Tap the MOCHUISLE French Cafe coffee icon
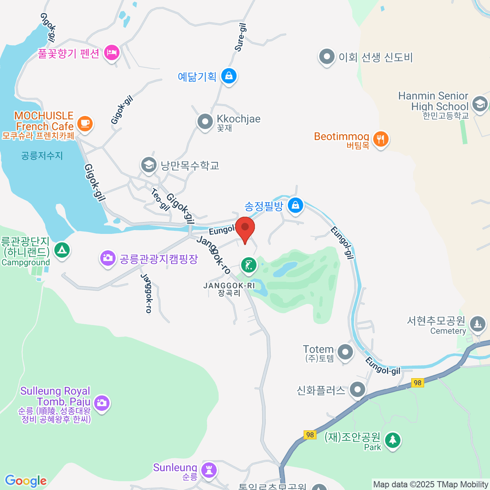click(x=85, y=123)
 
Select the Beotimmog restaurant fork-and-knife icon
click(x=381, y=139)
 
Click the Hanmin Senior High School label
click(x=433, y=101)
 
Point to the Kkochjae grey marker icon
click(x=205, y=121)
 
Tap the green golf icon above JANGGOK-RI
click(x=248, y=265)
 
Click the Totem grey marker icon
click(x=345, y=351)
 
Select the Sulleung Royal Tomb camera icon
click(x=102, y=403)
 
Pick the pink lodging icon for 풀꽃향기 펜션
click(x=111, y=52)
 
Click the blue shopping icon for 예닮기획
click(x=229, y=76)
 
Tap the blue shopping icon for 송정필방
click(x=295, y=205)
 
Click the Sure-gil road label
click(x=241, y=37)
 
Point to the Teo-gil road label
click(x=160, y=199)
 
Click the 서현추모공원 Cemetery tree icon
click(x=477, y=324)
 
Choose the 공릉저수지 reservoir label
click(x=42, y=156)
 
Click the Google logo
click(x=26, y=481)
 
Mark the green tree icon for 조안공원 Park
click(x=392, y=440)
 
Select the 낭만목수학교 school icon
click(x=149, y=165)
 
